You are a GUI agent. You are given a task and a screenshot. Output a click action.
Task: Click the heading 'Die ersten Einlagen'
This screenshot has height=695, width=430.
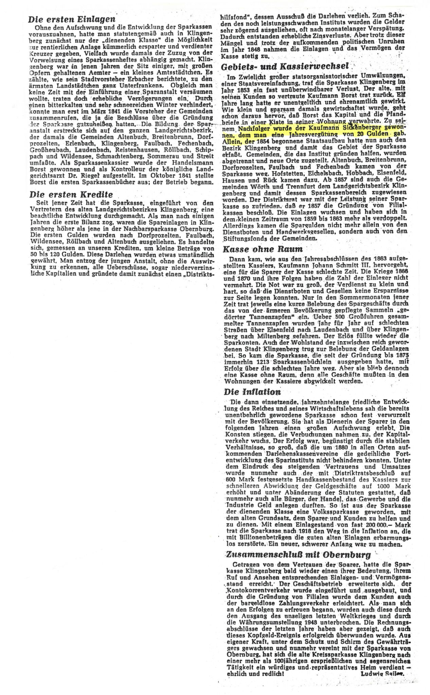click(72, 19)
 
